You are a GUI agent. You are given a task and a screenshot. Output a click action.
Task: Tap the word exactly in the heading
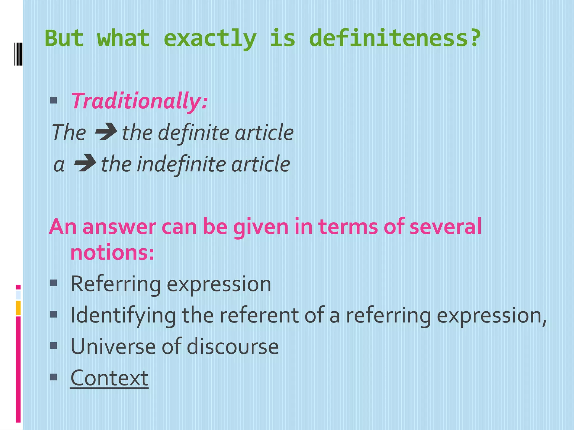click(x=210, y=39)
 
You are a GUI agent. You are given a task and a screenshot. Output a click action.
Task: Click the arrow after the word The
click(x=106, y=132)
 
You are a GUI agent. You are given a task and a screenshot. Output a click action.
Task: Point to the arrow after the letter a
click(x=85, y=163)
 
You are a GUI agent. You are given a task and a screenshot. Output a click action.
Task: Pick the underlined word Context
click(x=109, y=378)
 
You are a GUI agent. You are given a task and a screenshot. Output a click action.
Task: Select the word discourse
click(x=233, y=347)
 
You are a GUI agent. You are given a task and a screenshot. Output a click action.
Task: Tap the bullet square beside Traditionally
click(x=54, y=100)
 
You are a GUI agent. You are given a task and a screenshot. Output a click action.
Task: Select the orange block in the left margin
click(x=18, y=308)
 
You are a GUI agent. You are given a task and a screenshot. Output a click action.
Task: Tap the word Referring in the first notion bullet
click(x=115, y=284)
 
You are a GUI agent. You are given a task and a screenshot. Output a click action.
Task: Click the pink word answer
click(x=119, y=227)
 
